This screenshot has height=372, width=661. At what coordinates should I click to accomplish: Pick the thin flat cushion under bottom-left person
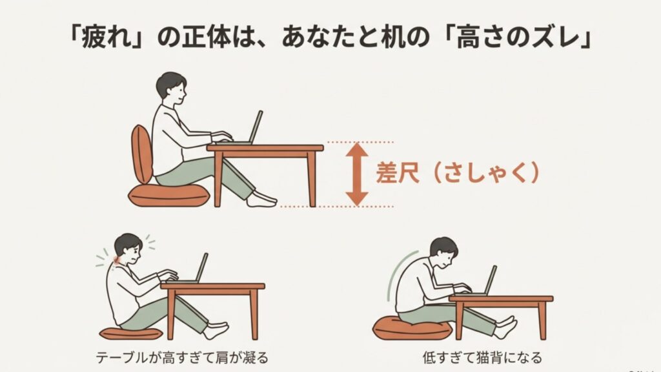pyautogui.click(x=131, y=333)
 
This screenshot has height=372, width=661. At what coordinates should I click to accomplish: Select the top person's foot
pyautogui.click(x=261, y=200)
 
